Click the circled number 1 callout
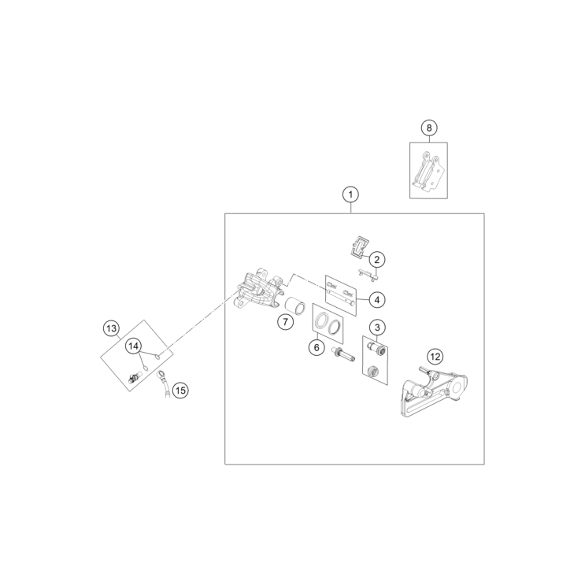[350, 194]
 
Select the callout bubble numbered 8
[428, 128]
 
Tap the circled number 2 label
[377, 259]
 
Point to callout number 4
[377, 299]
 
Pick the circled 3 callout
[377, 327]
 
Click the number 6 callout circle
[317, 346]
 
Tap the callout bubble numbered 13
[111, 327]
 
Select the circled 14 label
[134, 346]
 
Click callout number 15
[181, 389]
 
